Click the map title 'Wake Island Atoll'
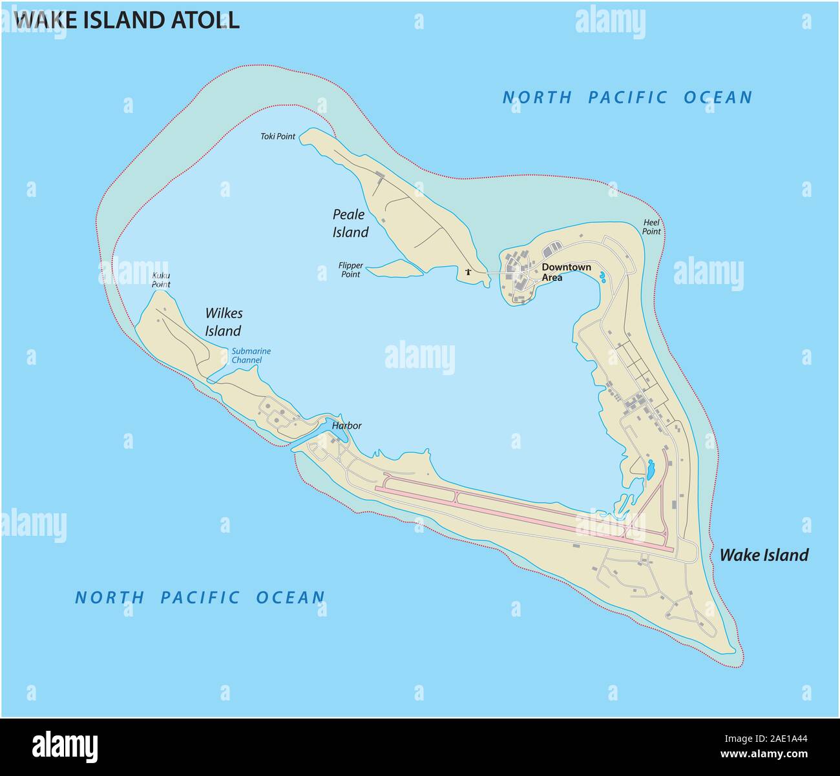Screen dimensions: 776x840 [x=127, y=19]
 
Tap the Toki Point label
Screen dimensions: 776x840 [x=278, y=136]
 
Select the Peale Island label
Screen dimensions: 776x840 [x=350, y=223]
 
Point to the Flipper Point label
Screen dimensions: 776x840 [x=350, y=270]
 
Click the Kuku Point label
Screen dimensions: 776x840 [x=161, y=280]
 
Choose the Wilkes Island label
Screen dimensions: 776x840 [x=223, y=322]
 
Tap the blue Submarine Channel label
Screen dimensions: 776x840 [x=251, y=356]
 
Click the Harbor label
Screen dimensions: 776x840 [x=346, y=426]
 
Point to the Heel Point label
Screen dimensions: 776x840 [x=651, y=227]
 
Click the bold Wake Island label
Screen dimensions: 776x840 [x=764, y=555]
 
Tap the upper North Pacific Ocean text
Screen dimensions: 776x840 [x=627, y=97]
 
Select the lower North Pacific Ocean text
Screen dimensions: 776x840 [x=200, y=597]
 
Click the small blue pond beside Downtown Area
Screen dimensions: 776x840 [x=602, y=278]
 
